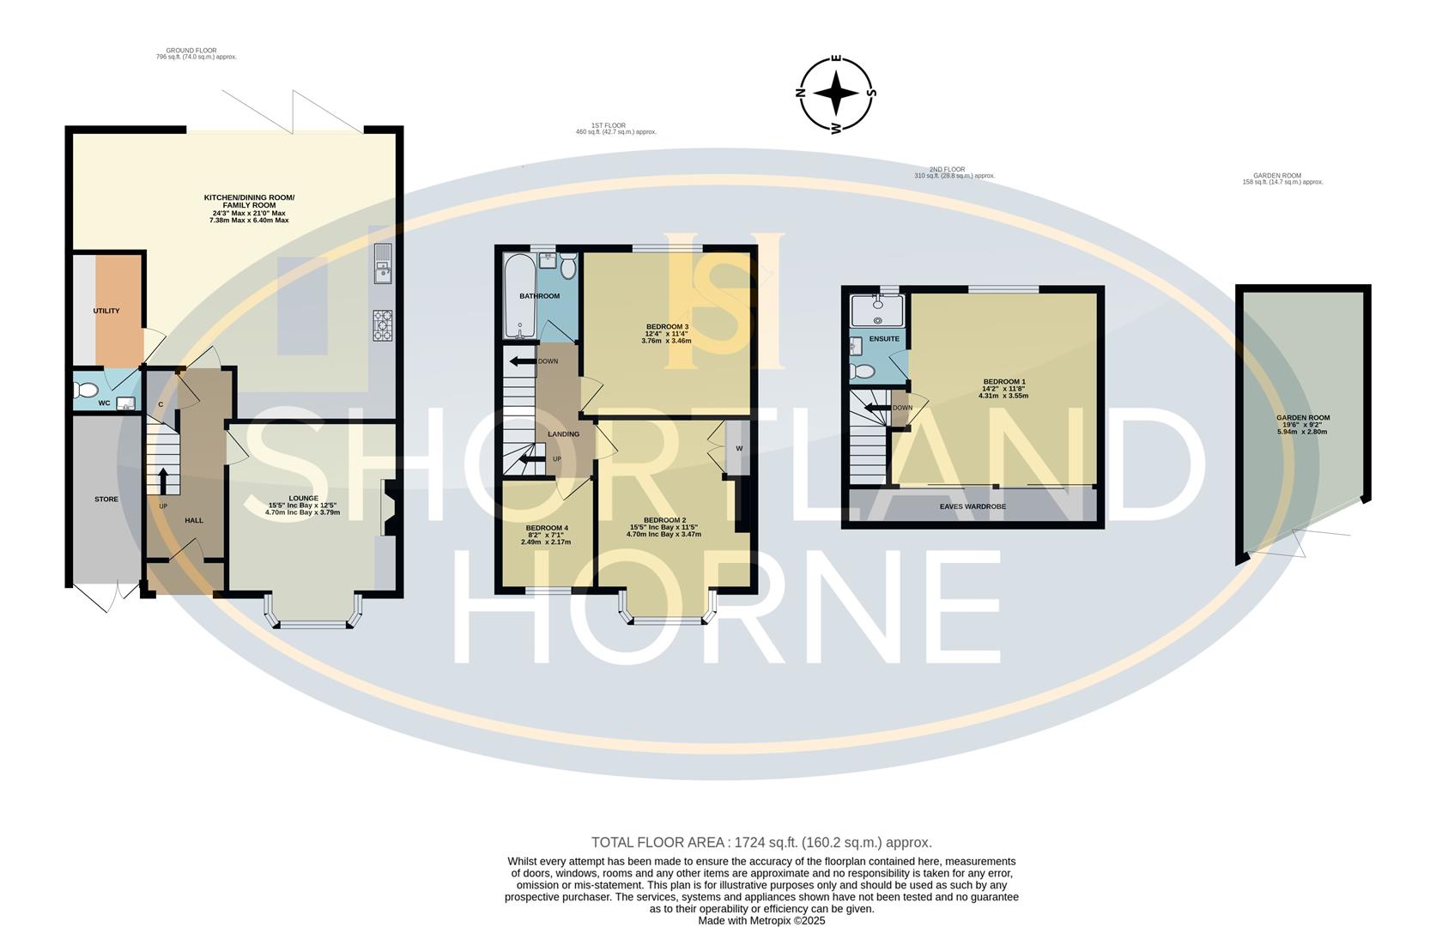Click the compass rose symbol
tap(836, 94)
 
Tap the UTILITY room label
tap(106, 311)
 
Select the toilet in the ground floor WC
tap(87, 391)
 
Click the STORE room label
tap(106, 499)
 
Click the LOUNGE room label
tap(303, 499)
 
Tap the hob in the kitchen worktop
tap(383, 326)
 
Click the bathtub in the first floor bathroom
tap(518, 296)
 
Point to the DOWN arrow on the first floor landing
tap(521, 361)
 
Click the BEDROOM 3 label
tap(667, 326)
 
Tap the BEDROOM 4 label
tap(546, 528)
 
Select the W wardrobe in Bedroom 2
tap(738, 448)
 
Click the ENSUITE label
tap(884, 339)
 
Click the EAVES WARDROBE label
tap(972, 506)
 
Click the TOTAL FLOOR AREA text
tap(760, 843)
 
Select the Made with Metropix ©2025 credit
tap(760, 920)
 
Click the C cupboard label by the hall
tap(161, 404)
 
